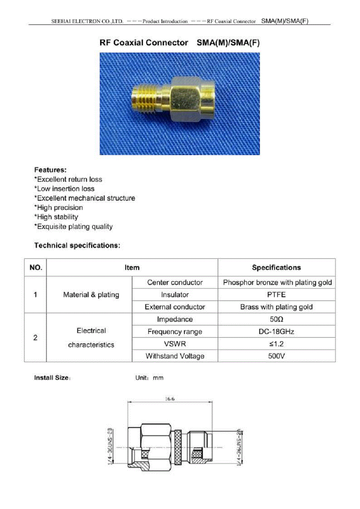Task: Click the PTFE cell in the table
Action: pyautogui.click(x=276, y=294)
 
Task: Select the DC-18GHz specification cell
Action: pyautogui.click(x=276, y=332)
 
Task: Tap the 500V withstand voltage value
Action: pyautogui.click(x=276, y=356)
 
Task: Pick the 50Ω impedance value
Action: pyautogui.click(x=276, y=319)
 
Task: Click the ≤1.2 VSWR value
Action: pyautogui.click(x=276, y=344)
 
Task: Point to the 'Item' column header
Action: pyautogui.click(x=132, y=267)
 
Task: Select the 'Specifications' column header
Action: pyautogui.click(x=276, y=267)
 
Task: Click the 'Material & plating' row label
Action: pyautogui.click(x=91, y=295)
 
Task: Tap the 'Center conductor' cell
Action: pyautogui.click(x=175, y=283)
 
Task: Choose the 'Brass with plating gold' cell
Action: pyautogui.click(x=276, y=307)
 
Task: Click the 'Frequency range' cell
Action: pyautogui.click(x=175, y=332)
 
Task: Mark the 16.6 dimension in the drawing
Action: pyautogui.click(x=170, y=399)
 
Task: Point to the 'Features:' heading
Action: pyautogui.click(x=50, y=170)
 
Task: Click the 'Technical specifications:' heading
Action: pyautogui.click(x=77, y=246)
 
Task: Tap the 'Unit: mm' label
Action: pyautogui.click(x=149, y=378)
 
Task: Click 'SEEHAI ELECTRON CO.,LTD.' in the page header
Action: pyautogui.click(x=87, y=21)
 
